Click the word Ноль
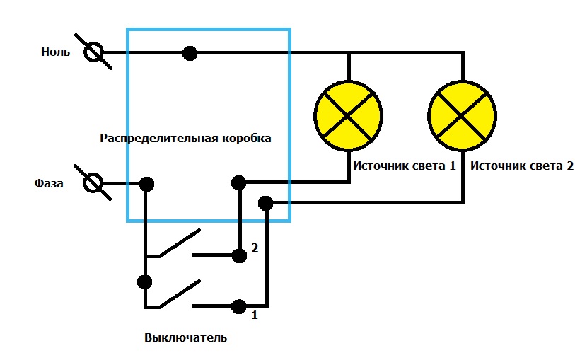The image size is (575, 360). [x=55, y=52]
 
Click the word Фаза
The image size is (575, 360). [x=50, y=184]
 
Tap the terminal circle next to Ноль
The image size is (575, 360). [x=94, y=52]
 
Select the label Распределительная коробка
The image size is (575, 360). [x=185, y=138]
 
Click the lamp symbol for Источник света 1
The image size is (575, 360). [x=348, y=115]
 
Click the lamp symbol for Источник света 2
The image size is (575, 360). [x=463, y=115]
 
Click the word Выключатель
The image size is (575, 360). [x=185, y=337]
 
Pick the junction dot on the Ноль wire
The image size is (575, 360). [x=190, y=52]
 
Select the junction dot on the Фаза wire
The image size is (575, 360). [x=146, y=184]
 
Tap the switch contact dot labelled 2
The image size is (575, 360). [x=239, y=254]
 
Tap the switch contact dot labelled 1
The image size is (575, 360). [x=239, y=307]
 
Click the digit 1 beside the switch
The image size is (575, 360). [x=255, y=315]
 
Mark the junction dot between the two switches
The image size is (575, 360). [x=145, y=281]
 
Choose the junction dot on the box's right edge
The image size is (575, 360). [x=266, y=204]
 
